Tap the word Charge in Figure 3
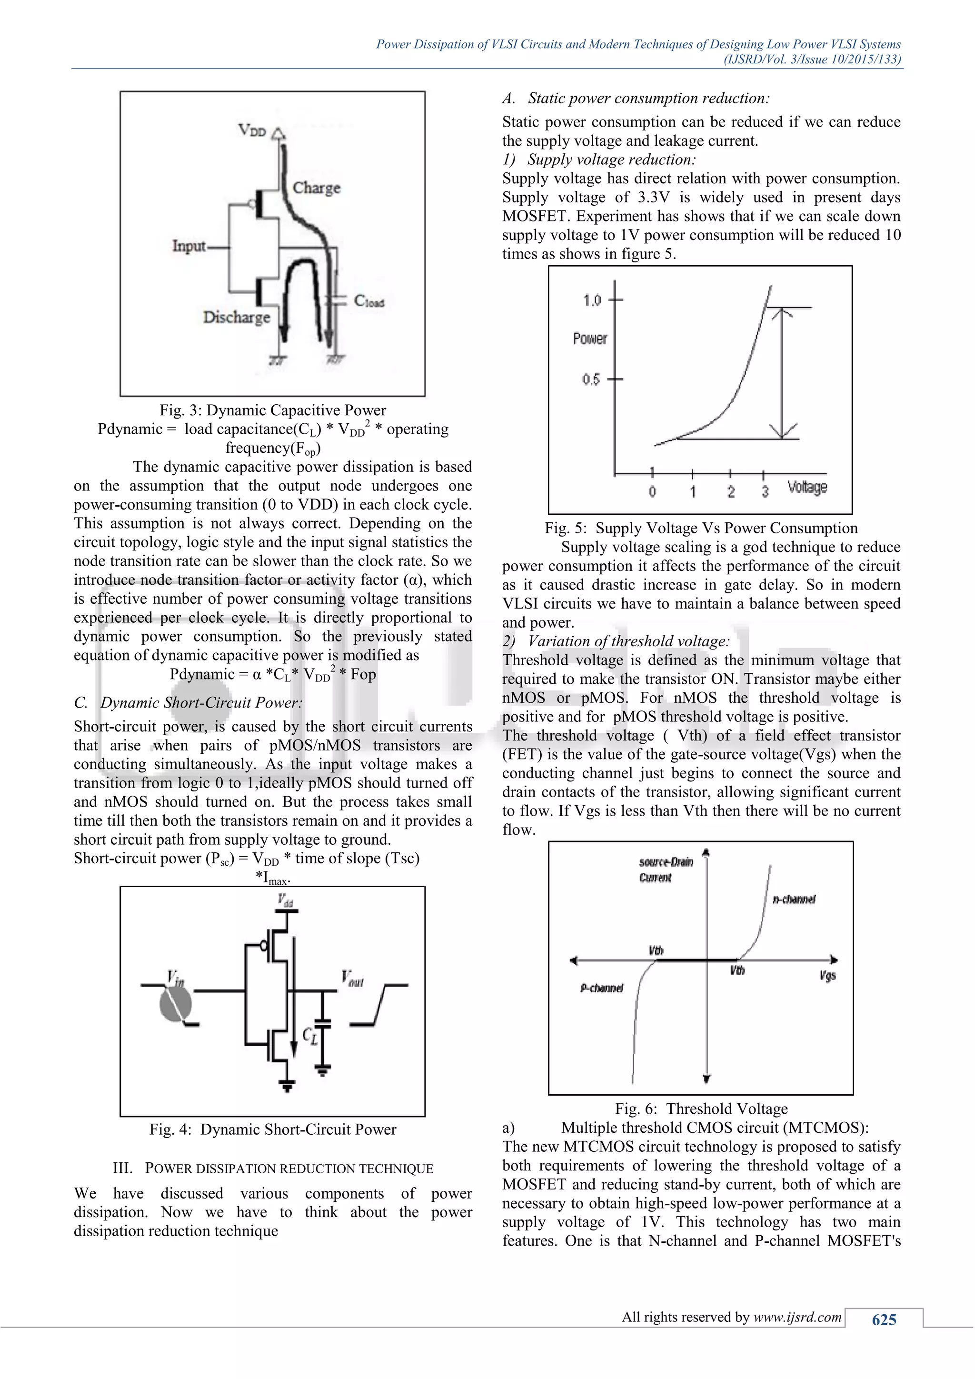pos(317,188)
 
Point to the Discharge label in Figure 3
pos(237,317)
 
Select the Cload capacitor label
pos(368,300)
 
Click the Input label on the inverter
pos(189,246)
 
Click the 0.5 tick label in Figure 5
pos(591,380)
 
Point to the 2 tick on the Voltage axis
pos(731,492)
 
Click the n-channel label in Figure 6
pos(794,899)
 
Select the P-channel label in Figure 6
pos(602,988)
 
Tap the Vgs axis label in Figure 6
pos(827,976)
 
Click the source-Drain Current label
pos(665,869)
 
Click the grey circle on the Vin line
pos(175,1003)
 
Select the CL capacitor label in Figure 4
pos(310,1036)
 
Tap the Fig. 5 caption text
pos(701,528)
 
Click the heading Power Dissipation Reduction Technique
pos(273,1168)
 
